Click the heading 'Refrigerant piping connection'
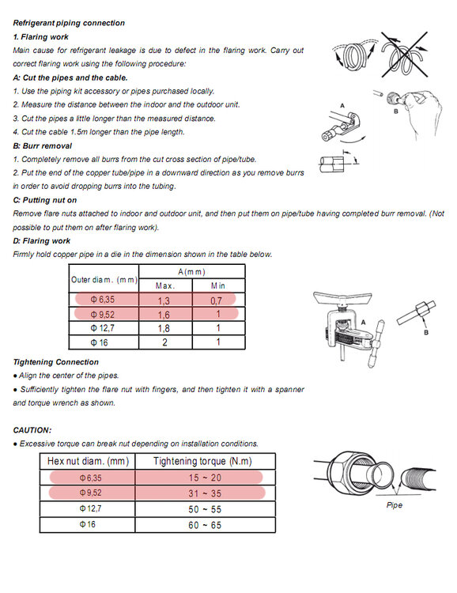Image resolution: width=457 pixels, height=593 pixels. tap(69, 23)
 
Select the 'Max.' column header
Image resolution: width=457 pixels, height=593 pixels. tap(165, 286)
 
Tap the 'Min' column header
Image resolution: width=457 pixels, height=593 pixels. tap(218, 286)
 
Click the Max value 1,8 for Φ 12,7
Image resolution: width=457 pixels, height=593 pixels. tap(164, 328)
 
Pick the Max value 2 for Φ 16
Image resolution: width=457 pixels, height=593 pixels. tap(164, 342)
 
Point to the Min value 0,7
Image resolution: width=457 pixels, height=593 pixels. tap(216, 300)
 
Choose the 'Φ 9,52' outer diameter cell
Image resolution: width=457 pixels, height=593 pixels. tap(103, 315)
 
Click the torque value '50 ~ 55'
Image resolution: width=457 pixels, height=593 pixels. tap(205, 509)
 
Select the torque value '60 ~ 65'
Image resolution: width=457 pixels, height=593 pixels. tap(205, 525)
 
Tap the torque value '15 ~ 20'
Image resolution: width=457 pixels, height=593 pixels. tap(205, 478)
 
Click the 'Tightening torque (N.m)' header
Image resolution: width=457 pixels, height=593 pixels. tap(202, 462)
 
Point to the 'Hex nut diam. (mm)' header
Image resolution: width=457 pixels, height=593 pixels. tap(88, 462)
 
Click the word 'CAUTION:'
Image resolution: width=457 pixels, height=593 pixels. tap(32, 430)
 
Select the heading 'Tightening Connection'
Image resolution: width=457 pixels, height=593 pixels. tap(55, 362)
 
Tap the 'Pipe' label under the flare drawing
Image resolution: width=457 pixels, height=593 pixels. tap(395, 505)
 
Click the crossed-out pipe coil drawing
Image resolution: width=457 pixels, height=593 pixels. tap(404, 54)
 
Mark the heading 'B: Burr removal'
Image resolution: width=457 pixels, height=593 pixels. tap(43, 146)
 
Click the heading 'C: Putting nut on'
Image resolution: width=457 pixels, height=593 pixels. tap(44, 200)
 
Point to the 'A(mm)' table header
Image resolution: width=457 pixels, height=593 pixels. tap(192, 272)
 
